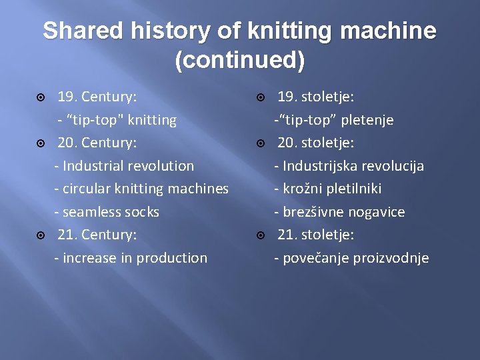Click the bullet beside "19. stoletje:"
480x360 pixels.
(x=261, y=97)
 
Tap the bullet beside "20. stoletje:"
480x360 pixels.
(x=261, y=143)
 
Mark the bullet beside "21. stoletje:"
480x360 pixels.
(x=261, y=235)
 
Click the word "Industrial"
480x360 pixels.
(x=95, y=166)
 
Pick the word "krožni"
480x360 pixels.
(x=303, y=189)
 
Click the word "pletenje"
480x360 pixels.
(x=365, y=120)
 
